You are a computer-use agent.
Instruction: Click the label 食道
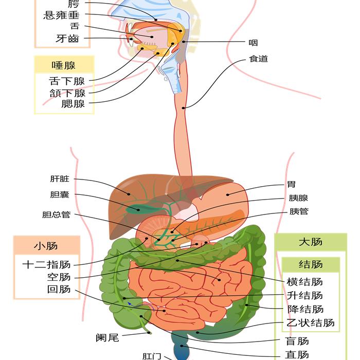click(258, 59)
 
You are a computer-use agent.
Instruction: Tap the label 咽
click(253, 43)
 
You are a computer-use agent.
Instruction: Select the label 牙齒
click(67, 39)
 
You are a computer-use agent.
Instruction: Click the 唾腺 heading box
click(64, 65)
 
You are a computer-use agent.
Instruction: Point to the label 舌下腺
click(67, 81)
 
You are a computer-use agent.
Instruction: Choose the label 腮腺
click(73, 104)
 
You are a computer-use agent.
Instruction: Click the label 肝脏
click(60, 179)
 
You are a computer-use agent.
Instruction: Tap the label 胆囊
click(60, 195)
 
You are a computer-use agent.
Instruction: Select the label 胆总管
click(56, 215)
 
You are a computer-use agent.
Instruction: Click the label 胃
click(292, 185)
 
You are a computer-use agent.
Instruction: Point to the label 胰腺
click(298, 198)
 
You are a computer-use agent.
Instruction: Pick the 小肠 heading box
click(46, 246)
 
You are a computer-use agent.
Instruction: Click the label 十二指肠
click(46, 265)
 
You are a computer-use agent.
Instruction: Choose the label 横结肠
click(305, 282)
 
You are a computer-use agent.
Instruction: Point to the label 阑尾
click(107, 338)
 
